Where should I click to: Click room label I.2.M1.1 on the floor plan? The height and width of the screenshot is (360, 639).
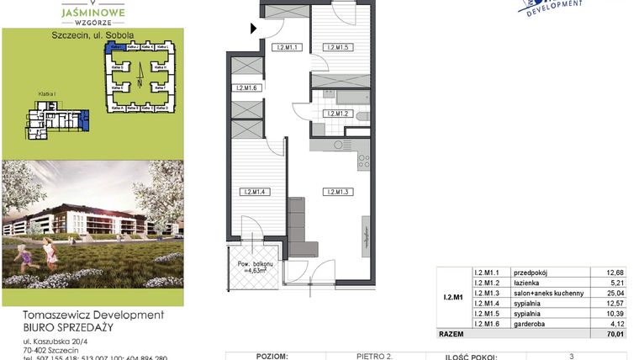pos(288,48)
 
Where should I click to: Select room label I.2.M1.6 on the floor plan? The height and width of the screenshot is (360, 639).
pos(248,88)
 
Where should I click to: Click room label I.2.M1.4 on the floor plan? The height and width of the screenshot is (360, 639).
pos(252,193)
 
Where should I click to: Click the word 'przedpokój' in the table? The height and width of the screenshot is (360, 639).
pos(528,272)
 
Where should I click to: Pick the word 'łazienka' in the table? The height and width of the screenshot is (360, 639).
pos(524,282)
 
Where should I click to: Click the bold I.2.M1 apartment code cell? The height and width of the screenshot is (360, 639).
pos(453,297)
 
